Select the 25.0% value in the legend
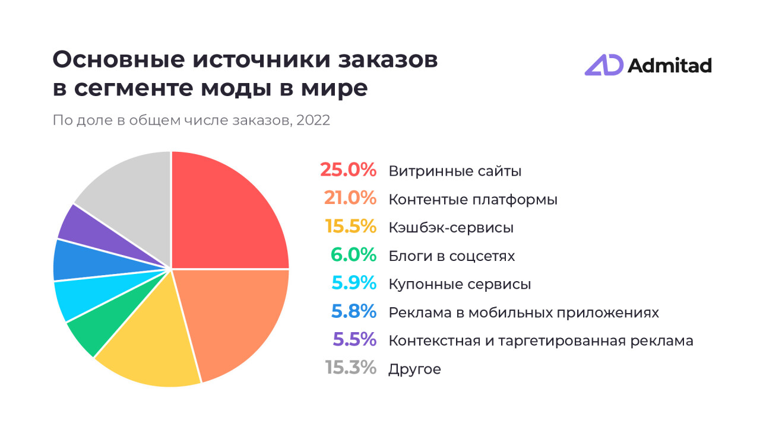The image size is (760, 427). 348,171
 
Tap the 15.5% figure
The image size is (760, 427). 350,227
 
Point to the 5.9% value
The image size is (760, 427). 354,283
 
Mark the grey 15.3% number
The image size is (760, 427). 350,368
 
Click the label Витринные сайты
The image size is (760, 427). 455,171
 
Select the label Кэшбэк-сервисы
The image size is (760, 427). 451,228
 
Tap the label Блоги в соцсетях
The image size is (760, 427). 451,256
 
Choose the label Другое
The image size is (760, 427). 414,369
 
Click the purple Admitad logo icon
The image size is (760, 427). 603,65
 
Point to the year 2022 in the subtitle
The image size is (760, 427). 313,120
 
